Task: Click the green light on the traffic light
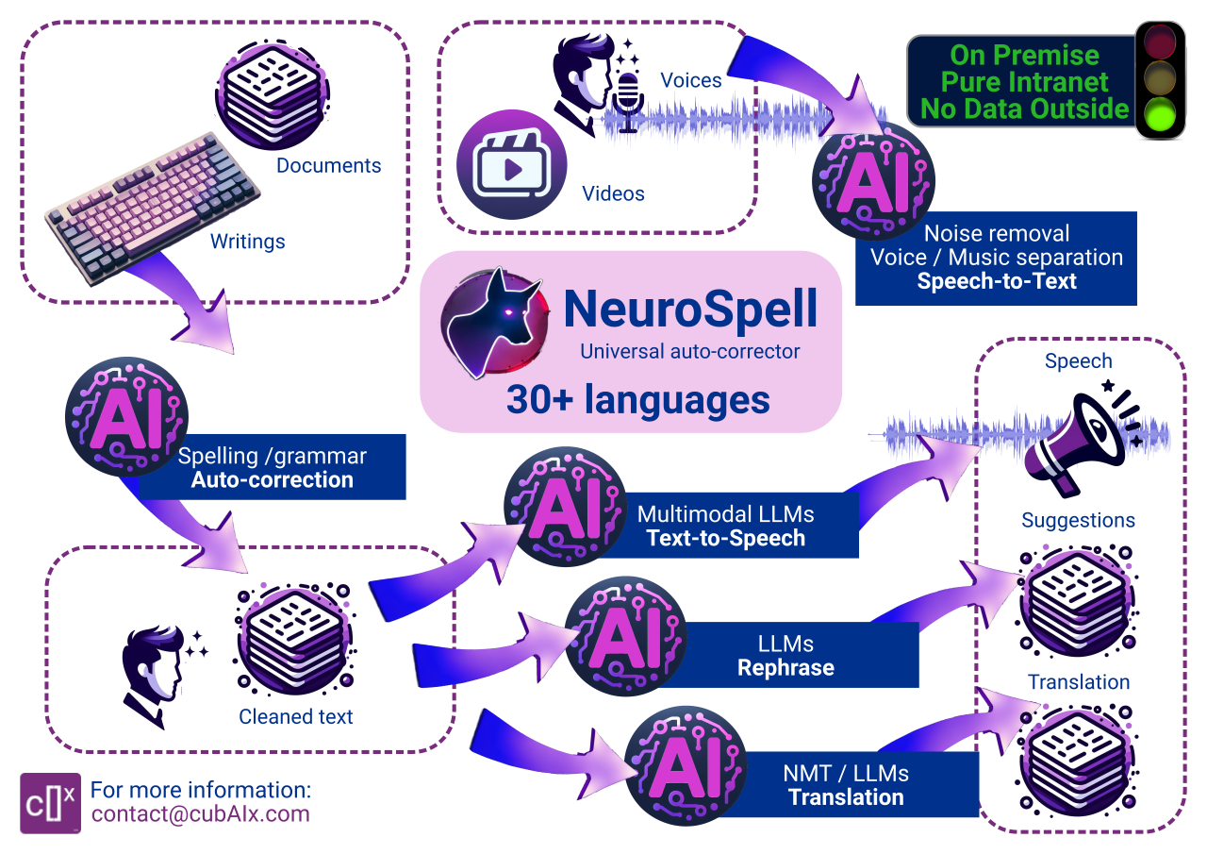click(x=1160, y=116)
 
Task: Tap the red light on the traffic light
click(x=1160, y=42)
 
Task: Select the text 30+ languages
click(x=637, y=399)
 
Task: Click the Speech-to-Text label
click(x=997, y=281)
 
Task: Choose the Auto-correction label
click(x=273, y=479)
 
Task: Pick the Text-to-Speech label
click(x=726, y=539)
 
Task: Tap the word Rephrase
click(x=785, y=668)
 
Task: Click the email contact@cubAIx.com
click(x=200, y=813)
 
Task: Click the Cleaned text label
click(x=295, y=717)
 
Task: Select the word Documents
click(x=328, y=166)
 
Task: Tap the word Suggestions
click(x=1078, y=521)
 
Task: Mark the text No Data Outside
click(x=1025, y=109)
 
